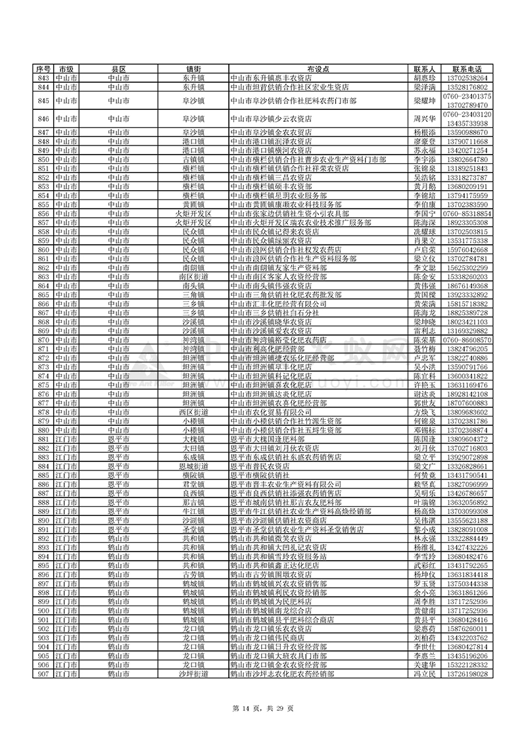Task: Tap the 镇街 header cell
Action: (193, 69)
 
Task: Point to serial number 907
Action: (43, 674)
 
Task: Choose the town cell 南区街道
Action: (193, 277)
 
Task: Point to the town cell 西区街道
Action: (193, 412)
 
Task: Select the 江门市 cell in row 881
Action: (66, 439)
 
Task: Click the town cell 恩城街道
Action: (193, 466)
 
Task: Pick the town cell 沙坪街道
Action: (193, 674)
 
